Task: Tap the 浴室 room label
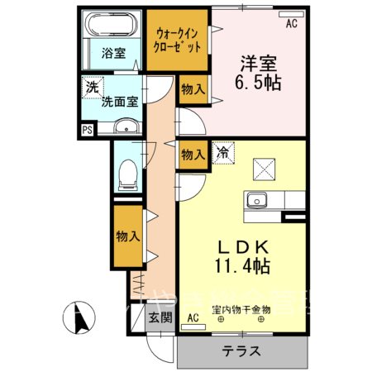[113, 54]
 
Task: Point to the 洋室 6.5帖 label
[259, 73]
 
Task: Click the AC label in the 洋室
[291, 24]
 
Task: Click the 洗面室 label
[120, 103]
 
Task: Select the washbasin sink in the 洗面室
[126, 126]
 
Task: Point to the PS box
[87, 129]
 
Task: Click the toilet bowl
[128, 171]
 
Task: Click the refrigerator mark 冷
[222, 151]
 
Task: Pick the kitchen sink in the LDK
[256, 200]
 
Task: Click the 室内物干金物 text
[241, 311]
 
